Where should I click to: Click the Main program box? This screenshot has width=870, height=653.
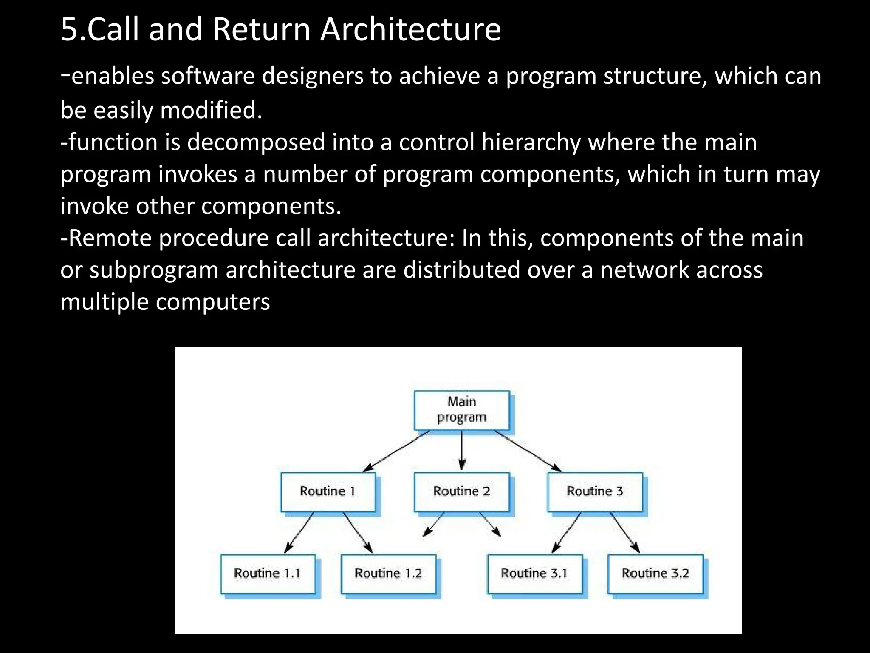pos(461,410)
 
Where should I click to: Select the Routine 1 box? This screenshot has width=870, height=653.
pos(328,491)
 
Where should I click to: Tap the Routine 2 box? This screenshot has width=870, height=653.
pos(461,491)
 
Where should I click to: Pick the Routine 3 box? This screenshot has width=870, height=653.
pos(595,491)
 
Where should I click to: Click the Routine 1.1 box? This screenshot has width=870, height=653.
pos(267,574)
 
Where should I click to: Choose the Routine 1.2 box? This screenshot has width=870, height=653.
pos(388,574)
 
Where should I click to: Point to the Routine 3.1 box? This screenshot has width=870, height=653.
pos(534,574)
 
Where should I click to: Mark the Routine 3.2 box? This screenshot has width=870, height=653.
pos(655,574)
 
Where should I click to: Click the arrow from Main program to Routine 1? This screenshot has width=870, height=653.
pos(396,451)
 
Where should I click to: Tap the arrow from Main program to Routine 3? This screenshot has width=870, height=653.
pos(528,451)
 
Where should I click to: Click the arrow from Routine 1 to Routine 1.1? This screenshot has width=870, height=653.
pos(299,532)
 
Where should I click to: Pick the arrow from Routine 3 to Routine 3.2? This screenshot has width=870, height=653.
pos(625,532)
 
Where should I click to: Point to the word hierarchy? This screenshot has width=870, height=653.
pos(531,142)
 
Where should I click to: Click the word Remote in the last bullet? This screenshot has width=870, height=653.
pos(110,238)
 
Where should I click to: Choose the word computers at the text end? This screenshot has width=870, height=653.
pos(212,302)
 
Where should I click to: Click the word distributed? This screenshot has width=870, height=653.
pos(461,270)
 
